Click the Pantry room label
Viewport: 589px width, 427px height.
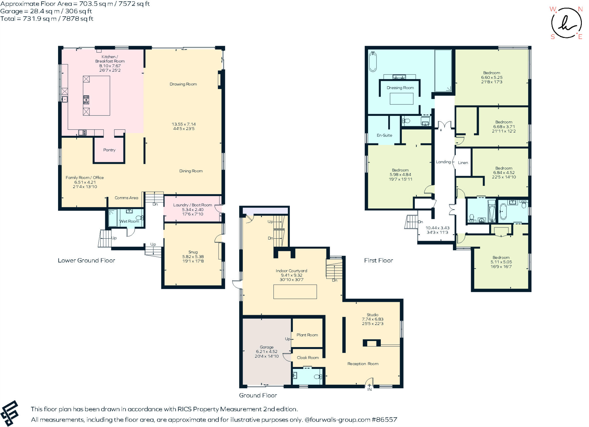coord(109,150)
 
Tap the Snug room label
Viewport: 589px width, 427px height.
coord(193,252)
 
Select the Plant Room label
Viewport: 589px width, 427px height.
coord(307,335)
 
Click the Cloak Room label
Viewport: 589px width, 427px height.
coord(308,358)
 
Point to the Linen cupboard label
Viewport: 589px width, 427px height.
coord(463,163)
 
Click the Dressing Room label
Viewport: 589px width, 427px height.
coord(400,88)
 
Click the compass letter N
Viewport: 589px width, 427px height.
coord(580,9)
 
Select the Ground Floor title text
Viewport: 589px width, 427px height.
coord(258,395)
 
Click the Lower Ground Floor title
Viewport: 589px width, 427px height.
coord(86,261)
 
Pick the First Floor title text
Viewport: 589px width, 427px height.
coord(378,261)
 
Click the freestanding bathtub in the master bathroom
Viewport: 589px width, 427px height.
coord(373,62)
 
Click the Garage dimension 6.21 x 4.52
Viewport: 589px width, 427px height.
coord(267,351)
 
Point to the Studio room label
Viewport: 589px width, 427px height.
coord(372,315)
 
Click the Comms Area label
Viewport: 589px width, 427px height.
coord(126,198)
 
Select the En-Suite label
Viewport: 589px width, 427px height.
coord(384,135)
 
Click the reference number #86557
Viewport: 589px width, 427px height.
coord(385,420)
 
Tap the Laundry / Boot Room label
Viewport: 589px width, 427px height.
coord(192,205)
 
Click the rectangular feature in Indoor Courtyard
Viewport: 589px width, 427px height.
coord(295,292)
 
